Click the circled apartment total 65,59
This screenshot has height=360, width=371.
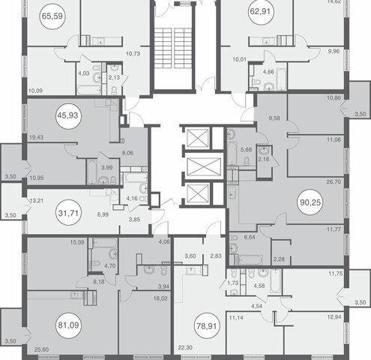[x=52, y=16]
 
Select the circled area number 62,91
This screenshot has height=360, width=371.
[x=262, y=12]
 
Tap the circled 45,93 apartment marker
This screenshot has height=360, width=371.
[x=67, y=115]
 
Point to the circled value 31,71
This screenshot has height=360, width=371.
[x=68, y=213]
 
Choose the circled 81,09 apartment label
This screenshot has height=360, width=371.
[x=68, y=325]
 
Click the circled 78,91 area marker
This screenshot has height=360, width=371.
[x=207, y=326]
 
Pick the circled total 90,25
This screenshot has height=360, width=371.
[x=310, y=202]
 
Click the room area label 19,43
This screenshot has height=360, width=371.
[x=36, y=137]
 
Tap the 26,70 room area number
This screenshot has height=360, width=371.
[x=334, y=181]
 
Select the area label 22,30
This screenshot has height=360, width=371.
[x=185, y=348]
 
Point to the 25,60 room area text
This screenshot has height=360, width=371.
[x=41, y=349]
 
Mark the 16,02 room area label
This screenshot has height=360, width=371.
[x=160, y=298]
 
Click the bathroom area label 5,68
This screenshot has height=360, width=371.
[x=246, y=150]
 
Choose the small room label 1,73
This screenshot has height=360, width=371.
[x=233, y=283]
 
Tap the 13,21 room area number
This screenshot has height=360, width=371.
[x=37, y=200]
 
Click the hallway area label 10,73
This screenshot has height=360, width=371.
[x=133, y=53]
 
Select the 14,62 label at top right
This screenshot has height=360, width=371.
[x=334, y=1]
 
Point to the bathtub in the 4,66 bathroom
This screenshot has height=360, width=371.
[x=281, y=79]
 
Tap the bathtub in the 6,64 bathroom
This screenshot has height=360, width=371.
[x=250, y=260]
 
